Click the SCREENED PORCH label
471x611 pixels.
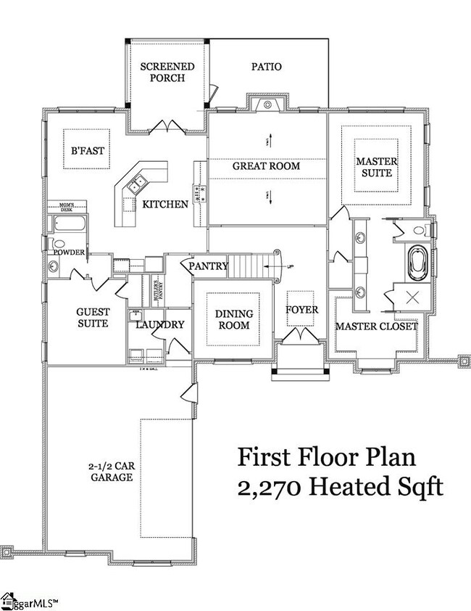(x=167, y=72)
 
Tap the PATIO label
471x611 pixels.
(x=266, y=67)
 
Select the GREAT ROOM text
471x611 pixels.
(x=266, y=166)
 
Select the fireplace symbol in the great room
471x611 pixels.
(x=267, y=105)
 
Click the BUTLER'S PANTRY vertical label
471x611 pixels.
(x=155, y=290)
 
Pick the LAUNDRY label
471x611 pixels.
(x=160, y=325)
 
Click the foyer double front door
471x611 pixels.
(x=301, y=337)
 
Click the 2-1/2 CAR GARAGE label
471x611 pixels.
(x=111, y=472)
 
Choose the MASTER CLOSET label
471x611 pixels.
(x=376, y=327)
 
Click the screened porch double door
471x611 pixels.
(x=170, y=126)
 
